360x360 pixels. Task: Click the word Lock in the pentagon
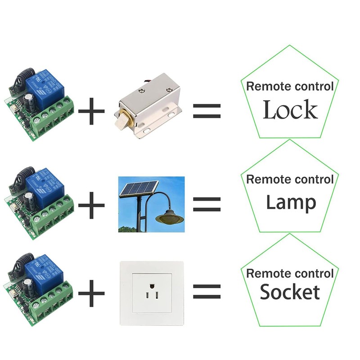(290, 110)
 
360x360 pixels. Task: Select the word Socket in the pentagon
(290, 292)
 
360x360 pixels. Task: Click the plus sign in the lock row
(91, 111)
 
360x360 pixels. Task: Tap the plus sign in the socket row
(91, 293)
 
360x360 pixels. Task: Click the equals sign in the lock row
(207, 111)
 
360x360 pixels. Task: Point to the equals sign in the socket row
(207, 292)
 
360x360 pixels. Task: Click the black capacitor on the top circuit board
(29, 101)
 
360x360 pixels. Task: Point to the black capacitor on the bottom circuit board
(29, 286)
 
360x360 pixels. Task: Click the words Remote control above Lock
(290, 86)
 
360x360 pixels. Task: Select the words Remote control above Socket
(290, 273)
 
